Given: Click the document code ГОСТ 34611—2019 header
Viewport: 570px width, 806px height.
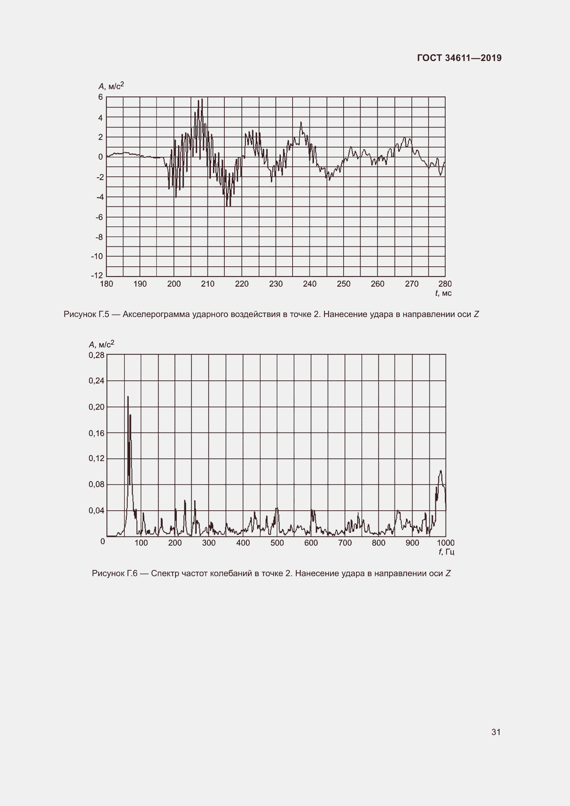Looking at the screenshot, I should pyautogui.click(x=459, y=58).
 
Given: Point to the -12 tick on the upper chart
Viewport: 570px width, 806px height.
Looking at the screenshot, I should pyautogui.click(x=97, y=276).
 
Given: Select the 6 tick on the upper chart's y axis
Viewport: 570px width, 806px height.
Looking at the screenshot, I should pyautogui.click(x=101, y=97).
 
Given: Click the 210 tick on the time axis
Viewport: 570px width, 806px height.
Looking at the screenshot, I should pyautogui.click(x=207, y=284).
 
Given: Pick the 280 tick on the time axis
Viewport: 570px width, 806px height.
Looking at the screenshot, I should pyautogui.click(x=445, y=284).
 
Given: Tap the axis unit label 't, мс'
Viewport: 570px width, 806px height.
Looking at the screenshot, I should pyautogui.click(x=443, y=293).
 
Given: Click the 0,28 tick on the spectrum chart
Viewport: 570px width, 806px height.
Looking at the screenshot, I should pyautogui.click(x=96, y=355).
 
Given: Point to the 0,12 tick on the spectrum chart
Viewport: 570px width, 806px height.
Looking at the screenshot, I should pyautogui.click(x=96, y=458).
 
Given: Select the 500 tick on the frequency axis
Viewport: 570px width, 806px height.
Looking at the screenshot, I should pyautogui.click(x=277, y=543).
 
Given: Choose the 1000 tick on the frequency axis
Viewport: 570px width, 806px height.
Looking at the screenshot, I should pyautogui.click(x=445, y=543).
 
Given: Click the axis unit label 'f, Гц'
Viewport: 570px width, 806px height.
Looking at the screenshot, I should pyautogui.click(x=446, y=552).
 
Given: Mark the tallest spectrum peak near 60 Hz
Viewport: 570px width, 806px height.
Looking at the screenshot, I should pyautogui.click(x=128, y=397).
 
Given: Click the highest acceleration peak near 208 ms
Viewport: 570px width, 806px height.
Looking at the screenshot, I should pyautogui.click(x=202, y=99).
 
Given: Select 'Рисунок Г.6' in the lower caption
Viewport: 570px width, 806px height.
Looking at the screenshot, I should pyautogui.click(x=114, y=574).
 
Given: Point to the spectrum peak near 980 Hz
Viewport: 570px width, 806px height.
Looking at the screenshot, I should pyautogui.click(x=440, y=471).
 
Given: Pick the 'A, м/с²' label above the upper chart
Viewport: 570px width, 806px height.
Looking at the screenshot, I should pyautogui.click(x=111, y=86).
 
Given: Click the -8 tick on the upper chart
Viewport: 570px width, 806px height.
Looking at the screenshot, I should pyautogui.click(x=99, y=237).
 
